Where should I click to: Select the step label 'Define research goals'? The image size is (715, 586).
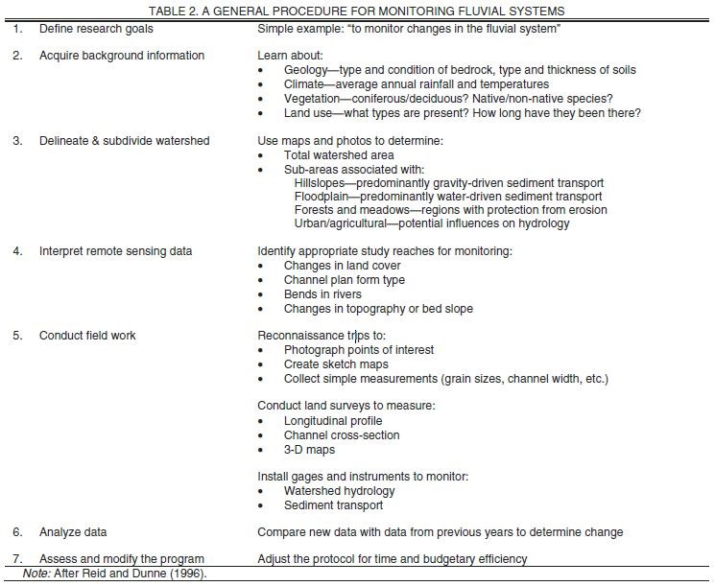[96, 29]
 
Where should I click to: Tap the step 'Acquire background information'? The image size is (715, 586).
[122, 56]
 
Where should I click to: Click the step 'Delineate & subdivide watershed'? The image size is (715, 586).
[125, 141]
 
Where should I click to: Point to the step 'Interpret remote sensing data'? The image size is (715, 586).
[116, 252]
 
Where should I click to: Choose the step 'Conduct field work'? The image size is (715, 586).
[87, 336]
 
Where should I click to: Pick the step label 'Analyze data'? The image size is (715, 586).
[73, 531]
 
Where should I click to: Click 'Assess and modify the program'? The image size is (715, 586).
[122, 559]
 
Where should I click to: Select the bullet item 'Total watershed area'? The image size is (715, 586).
[339, 155]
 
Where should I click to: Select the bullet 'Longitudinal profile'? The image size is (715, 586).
[333, 421]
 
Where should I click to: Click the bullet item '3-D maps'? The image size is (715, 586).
[309, 449]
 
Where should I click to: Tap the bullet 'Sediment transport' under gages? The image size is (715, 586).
[333, 504]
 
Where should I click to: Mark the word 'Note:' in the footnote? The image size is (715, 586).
[36, 574]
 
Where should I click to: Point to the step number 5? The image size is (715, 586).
[17, 336]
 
